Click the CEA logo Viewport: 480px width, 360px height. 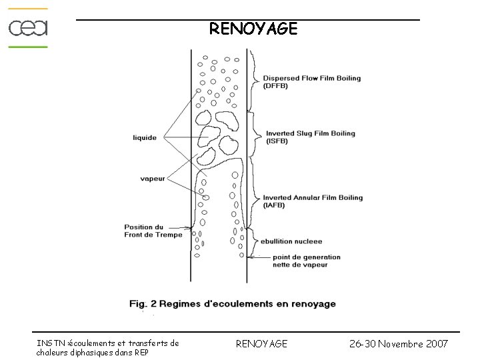click(28, 28)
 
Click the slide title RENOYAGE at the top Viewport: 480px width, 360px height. click(253, 29)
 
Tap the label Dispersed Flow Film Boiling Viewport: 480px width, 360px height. click(312, 78)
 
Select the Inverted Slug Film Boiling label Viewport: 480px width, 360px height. click(309, 133)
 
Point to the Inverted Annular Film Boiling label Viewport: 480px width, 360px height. click(313, 197)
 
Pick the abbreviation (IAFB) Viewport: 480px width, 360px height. click(273, 205)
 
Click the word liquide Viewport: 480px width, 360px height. click(145, 138)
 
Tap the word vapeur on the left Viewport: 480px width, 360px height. click(153, 178)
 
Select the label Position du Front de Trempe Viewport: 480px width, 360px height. click(153, 231)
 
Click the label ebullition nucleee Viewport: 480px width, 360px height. click(292, 241)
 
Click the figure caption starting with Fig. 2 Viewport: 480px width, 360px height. click(233, 304)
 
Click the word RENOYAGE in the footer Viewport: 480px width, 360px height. click(262, 343)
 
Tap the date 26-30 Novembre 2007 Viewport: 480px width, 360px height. click(399, 343)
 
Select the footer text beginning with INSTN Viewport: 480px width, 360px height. click(107, 347)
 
